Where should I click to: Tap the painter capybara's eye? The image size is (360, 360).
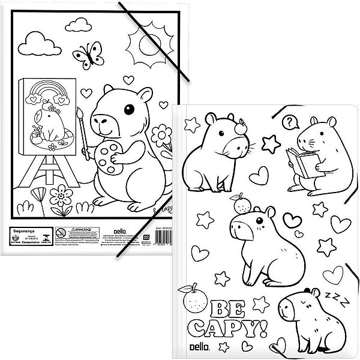coord(128,110)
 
